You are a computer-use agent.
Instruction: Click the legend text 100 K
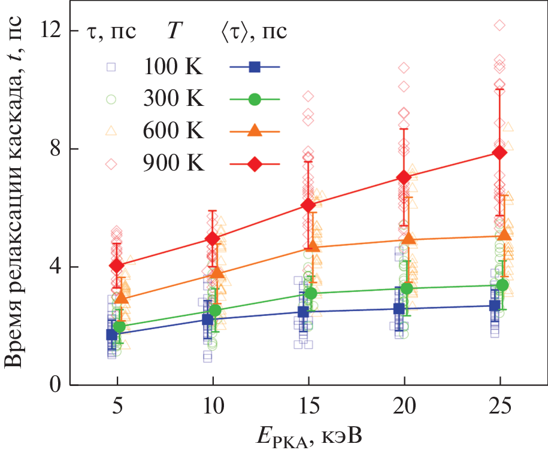[173, 68]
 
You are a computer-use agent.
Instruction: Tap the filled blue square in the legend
[255, 68]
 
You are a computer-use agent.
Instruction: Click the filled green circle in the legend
[255, 99]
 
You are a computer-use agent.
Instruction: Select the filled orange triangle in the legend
[255, 131]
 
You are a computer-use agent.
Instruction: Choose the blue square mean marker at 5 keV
[111, 335]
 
